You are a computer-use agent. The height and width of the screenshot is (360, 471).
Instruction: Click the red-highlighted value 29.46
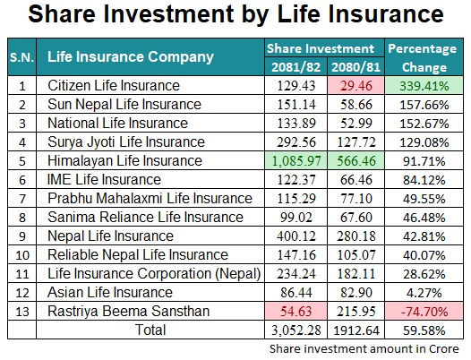(356, 86)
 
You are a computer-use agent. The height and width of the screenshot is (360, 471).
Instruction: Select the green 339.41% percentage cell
(424, 86)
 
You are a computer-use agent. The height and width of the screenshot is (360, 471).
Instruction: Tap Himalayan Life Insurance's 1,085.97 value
(295, 161)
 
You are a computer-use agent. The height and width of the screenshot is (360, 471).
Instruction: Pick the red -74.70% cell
(424, 312)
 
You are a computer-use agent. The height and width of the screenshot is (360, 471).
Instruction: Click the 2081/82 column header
(295, 66)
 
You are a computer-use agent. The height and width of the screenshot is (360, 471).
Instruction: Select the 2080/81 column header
(356, 66)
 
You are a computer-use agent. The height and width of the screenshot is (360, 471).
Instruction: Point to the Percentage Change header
(423, 57)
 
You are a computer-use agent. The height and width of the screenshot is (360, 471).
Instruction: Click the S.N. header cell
(21, 57)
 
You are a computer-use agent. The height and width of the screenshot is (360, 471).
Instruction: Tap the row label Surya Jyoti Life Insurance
(126, 141)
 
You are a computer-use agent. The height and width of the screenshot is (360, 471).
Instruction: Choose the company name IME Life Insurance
(104, 179)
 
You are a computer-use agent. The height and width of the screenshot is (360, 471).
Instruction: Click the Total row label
(150, 330)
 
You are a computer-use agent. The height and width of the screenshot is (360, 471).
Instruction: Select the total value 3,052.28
(295, 330)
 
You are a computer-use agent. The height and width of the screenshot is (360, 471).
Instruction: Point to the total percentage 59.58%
(424, 330)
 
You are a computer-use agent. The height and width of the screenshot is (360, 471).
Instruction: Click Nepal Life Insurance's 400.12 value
(295, 236)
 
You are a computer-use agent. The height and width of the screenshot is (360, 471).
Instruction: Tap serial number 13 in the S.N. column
(22, 312)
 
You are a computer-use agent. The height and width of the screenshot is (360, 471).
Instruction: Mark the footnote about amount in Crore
(364, 349)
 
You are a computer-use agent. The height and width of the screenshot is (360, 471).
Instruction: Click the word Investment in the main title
(168, 13)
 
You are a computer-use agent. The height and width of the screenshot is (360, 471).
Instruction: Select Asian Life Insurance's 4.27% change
(424, 293)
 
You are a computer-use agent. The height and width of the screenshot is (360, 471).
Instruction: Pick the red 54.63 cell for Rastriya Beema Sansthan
(295, 312)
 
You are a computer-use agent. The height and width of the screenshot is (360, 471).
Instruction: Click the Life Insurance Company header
(131, 56)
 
